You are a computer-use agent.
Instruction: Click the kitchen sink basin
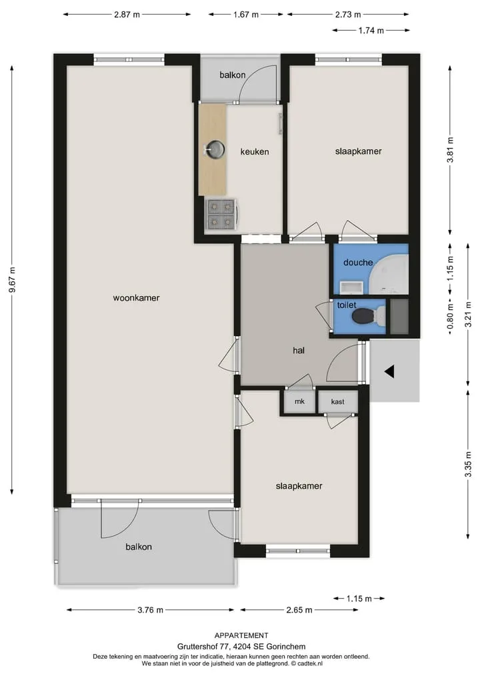215,149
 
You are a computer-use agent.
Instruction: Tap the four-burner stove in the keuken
221,214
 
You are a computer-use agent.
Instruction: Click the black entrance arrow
389,371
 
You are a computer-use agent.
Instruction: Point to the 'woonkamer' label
136,297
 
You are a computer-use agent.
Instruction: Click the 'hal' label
299,350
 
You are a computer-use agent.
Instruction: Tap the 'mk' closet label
299,401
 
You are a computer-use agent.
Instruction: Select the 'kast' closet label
338,402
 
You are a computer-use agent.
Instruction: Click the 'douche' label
358,263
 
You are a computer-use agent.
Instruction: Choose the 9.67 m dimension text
12,279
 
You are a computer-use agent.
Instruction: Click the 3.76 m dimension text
151,610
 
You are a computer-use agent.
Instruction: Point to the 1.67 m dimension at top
245,15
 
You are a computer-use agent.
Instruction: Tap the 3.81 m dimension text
450,149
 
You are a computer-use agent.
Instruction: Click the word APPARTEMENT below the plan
241,635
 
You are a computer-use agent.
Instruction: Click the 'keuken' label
255,152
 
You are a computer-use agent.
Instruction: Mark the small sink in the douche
351,287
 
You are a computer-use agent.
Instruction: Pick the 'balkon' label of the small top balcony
232,75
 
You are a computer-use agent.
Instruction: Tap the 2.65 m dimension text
299,610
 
